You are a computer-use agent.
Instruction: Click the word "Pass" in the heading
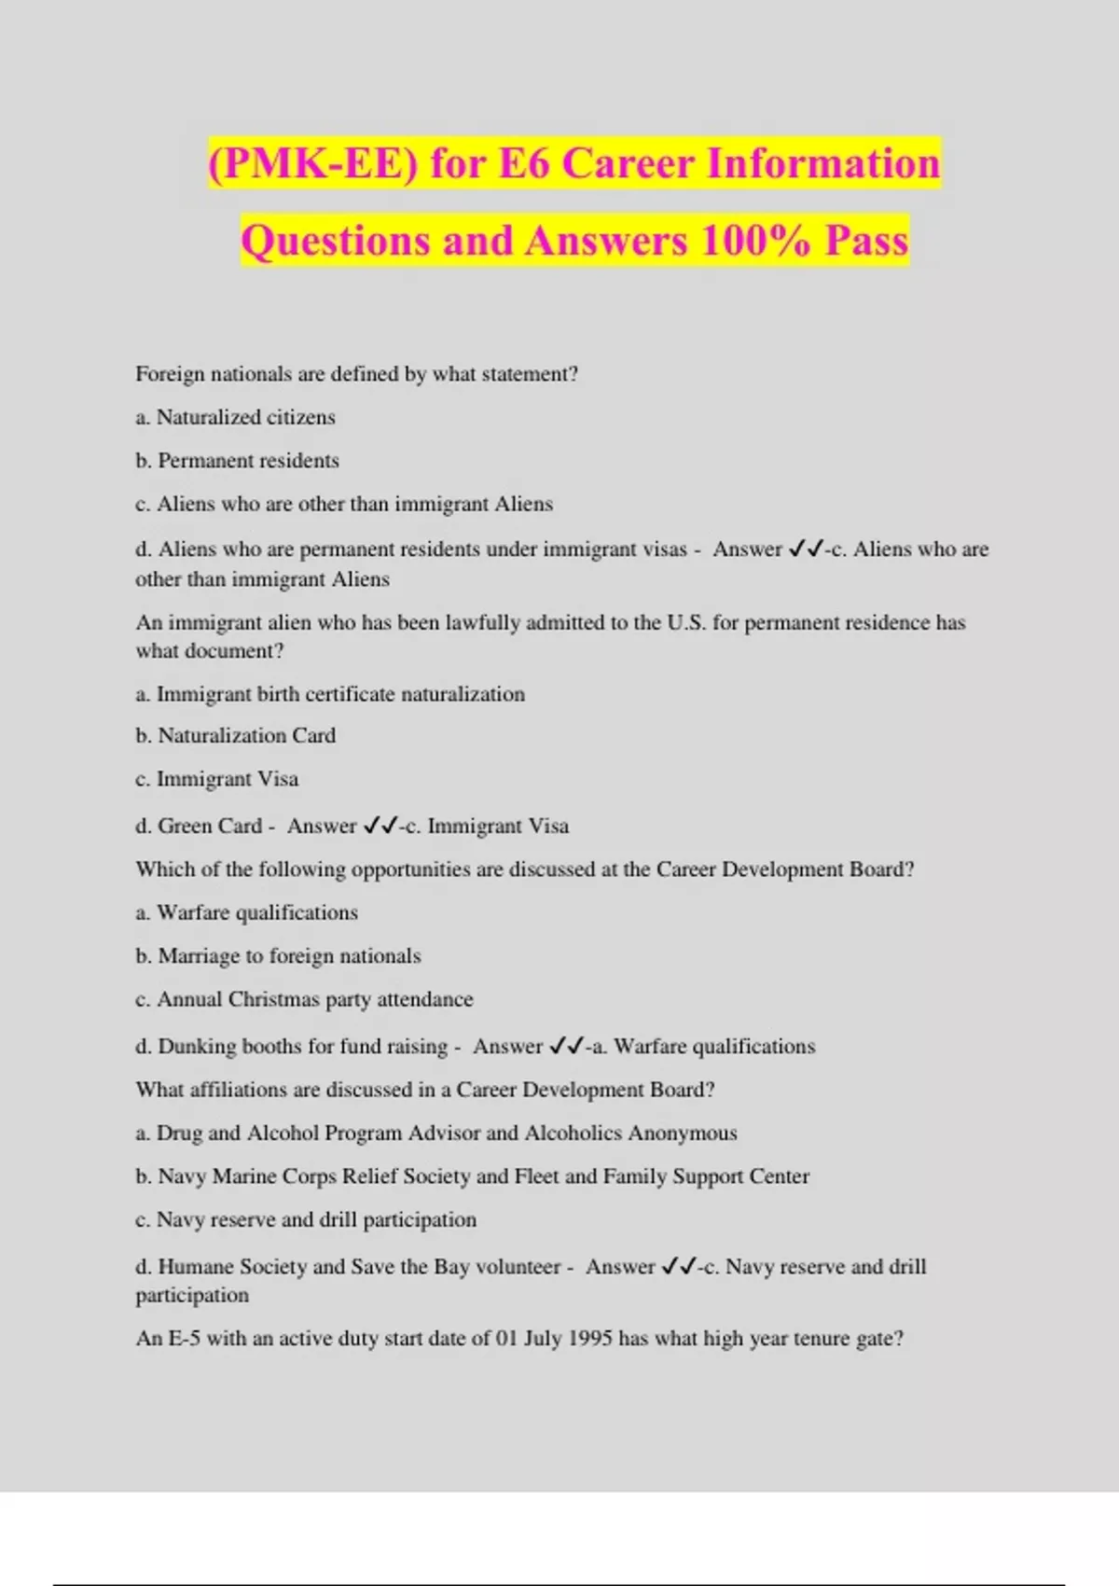pos(866,241)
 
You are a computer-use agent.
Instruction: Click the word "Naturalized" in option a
pos(208,417)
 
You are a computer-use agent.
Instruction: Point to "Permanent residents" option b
pos(248,461)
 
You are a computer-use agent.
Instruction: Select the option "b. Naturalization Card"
pos(236,735)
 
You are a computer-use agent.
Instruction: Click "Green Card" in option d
pos(210,826)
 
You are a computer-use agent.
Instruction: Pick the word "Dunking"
pos(197,1046)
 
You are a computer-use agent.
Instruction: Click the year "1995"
pos(589,1338)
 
